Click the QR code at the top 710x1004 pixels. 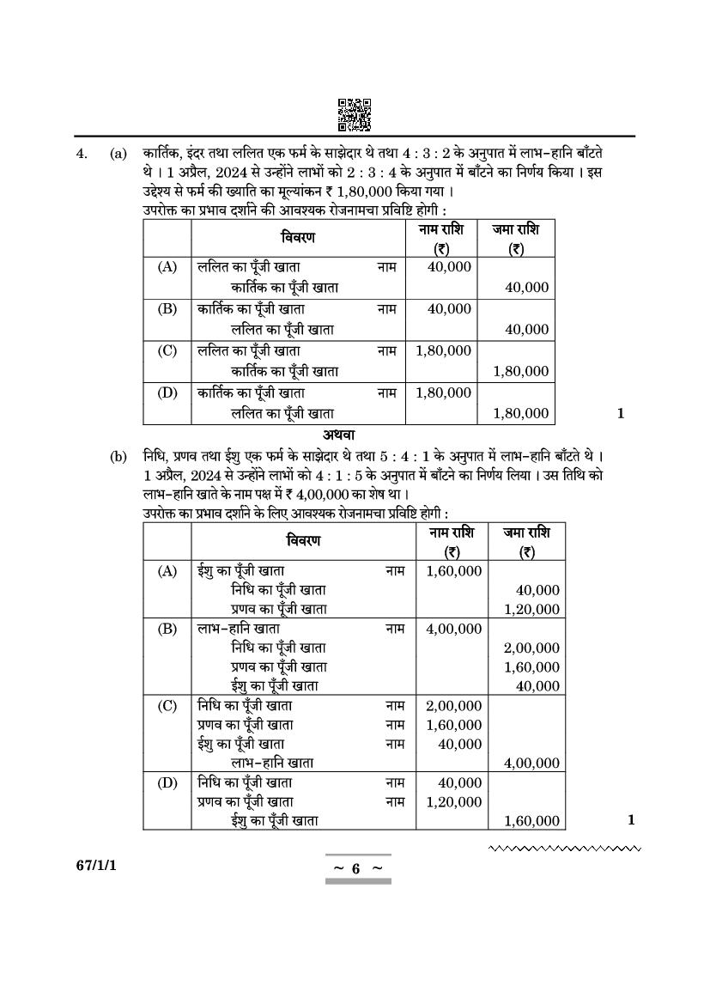click(x=354, y=115)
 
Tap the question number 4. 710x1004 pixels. click(x=82, y=155)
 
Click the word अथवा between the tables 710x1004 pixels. click(x=339, y=435)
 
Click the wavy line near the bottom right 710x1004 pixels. click(x=564, y=849)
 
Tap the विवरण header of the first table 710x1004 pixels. click(x=298, y=237)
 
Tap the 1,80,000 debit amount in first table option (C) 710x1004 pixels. click(x=443, y=350)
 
